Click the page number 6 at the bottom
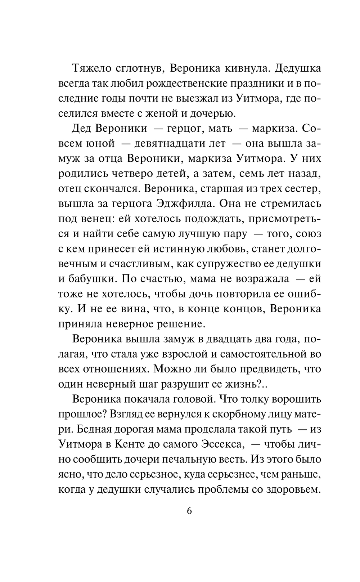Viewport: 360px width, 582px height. pyautogui.click(x=190, y=511)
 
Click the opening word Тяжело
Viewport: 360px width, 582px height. pyautogui.click(x=93, y=67)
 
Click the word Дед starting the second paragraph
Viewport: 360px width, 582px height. pyautogui.click(x=84, y=128)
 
